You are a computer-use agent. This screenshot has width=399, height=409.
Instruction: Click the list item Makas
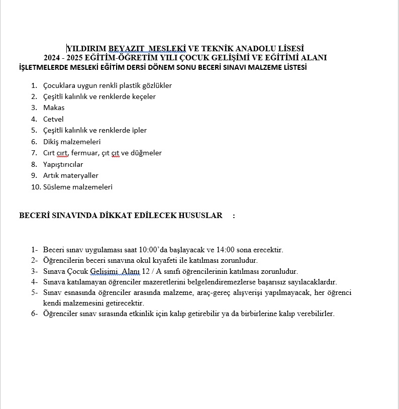pos(54,108)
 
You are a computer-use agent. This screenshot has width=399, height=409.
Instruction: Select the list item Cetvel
pos(53,119)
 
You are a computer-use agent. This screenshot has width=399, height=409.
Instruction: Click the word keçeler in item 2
pos(143,96)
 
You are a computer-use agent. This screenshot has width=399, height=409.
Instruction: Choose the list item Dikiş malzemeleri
pos(72,142)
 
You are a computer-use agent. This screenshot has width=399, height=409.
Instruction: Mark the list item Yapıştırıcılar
pos(63,164)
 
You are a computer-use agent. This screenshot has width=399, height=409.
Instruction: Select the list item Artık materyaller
pos(71,175)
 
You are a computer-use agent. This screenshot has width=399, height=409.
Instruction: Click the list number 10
pos(36,187)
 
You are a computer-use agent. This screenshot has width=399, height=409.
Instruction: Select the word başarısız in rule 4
pos(273,282)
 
